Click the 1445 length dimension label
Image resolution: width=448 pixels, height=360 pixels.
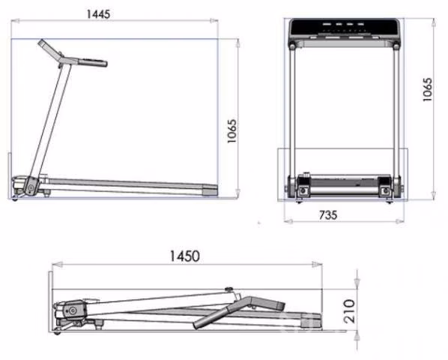(98, 14)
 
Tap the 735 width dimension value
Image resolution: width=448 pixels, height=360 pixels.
(328, 215)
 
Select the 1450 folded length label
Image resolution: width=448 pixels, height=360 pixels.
(185, 256)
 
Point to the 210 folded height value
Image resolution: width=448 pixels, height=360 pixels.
(350, 311)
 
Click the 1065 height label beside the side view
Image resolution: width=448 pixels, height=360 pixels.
(231, 131)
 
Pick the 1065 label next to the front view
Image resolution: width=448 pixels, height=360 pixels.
(428, 89)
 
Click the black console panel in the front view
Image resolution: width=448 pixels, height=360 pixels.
(344, 26)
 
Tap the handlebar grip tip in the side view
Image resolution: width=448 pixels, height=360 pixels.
(41, 43)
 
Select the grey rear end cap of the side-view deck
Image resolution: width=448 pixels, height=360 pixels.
(210, 190)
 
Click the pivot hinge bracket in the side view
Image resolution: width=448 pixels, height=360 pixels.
(30, 187)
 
